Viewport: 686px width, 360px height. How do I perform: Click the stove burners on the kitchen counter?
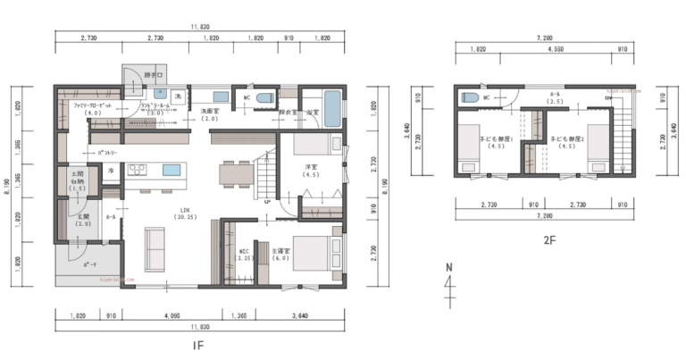[x=137, y=169]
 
